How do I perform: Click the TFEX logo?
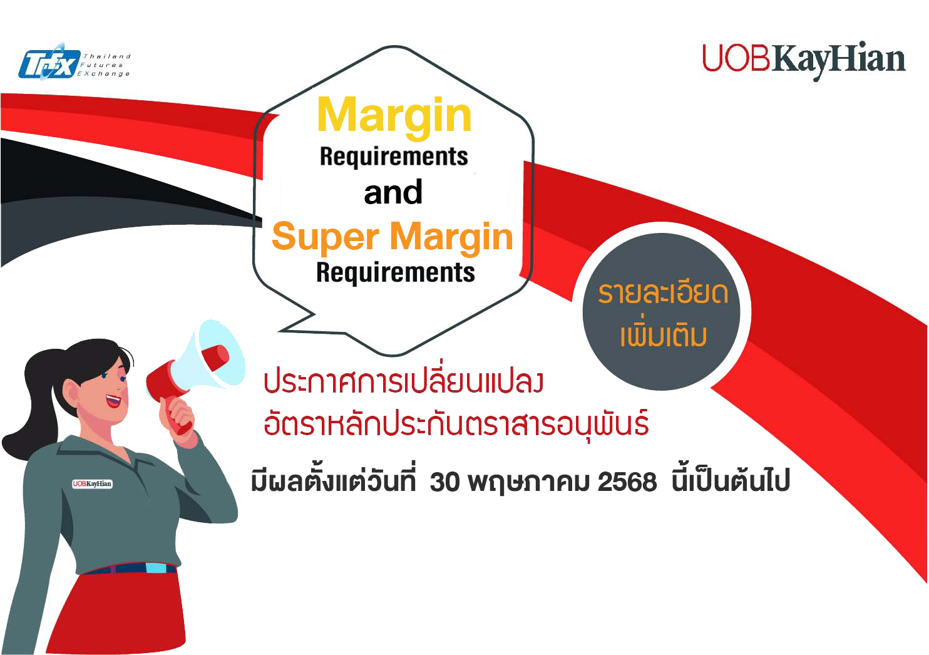coord(74,62)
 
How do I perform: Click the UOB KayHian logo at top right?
coord(803,61)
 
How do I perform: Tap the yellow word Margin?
coord(394,115)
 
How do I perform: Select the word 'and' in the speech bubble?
coord(393,192)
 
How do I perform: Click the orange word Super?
coord(326,237)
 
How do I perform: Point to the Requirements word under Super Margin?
coord(395,273)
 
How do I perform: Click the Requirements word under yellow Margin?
coord(394,157)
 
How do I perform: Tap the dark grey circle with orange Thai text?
coord(661,311)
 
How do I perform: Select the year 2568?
coord(627,482)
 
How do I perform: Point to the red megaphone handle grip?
coord(177,414)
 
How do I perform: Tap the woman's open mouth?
coord(113,401)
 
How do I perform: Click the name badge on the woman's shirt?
coord(92,483)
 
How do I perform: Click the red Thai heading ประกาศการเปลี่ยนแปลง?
coord(403,381)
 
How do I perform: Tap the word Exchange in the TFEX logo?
coord(104,74)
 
